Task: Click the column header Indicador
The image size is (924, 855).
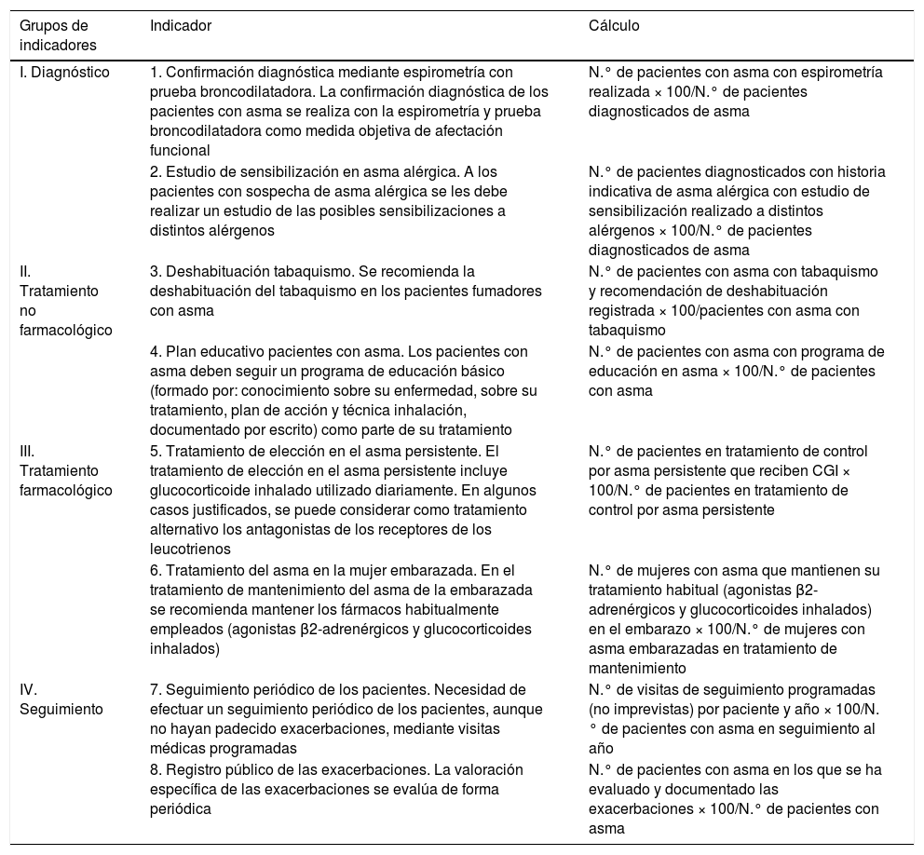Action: coord(181,25)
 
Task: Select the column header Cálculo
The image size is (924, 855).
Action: coord(614,25)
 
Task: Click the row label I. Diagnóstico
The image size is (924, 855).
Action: coord(64,72)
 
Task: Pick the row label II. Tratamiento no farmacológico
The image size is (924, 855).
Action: coord(64,300)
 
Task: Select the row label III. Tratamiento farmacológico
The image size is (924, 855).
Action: coord(64,471)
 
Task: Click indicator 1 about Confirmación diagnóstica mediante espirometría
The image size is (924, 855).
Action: coord(349,111)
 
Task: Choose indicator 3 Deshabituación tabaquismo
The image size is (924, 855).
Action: coord(346,292)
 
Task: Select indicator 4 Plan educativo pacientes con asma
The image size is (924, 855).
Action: coord(346,390)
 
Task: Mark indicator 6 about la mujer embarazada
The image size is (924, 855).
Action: coord(346,610)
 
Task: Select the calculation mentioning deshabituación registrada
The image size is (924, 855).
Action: coord(736,300)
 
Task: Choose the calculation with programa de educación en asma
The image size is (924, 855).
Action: coord(736,372)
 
